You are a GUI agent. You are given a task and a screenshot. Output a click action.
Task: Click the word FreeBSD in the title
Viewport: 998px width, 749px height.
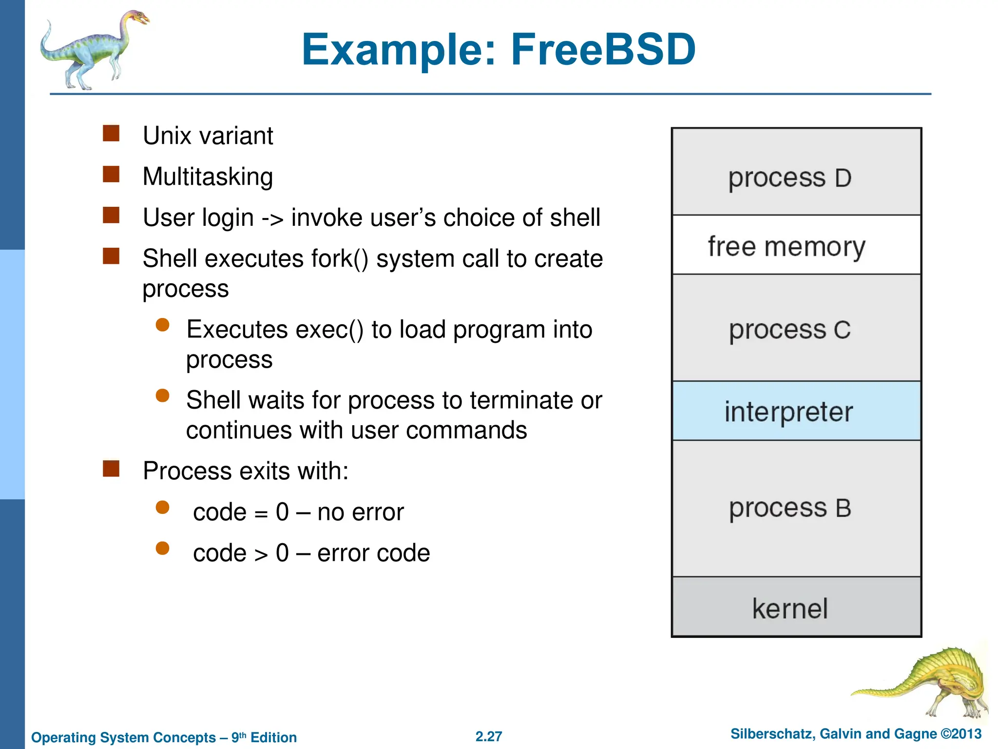(603, 50)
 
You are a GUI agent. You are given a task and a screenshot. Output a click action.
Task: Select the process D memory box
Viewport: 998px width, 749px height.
(796, 172)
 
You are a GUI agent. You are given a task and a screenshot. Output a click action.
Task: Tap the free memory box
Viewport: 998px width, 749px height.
(796, 245)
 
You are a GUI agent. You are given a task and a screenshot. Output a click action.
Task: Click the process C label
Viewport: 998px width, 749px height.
(789, 330)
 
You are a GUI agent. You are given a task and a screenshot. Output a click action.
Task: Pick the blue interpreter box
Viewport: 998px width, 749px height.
(796, 411)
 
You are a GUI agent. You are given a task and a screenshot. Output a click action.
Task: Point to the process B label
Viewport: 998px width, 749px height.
(789, 509)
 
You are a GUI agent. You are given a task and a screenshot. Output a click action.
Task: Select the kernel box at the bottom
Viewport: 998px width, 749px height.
(796, 607)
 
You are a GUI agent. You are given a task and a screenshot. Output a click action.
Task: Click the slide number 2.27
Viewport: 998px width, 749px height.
(489, 736)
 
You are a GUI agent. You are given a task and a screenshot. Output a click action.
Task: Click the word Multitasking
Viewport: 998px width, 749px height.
(208, 177)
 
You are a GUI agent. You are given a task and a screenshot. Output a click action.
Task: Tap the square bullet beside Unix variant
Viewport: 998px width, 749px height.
(111, 133)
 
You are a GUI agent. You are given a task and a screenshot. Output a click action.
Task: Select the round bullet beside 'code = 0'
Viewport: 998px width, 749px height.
(162, 508)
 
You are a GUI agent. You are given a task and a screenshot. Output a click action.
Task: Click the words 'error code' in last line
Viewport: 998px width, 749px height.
(373, 553)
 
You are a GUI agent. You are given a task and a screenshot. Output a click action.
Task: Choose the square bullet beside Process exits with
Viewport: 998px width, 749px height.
(111, 469)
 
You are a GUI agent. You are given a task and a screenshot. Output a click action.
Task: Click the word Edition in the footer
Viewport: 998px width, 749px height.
(273, 737)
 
